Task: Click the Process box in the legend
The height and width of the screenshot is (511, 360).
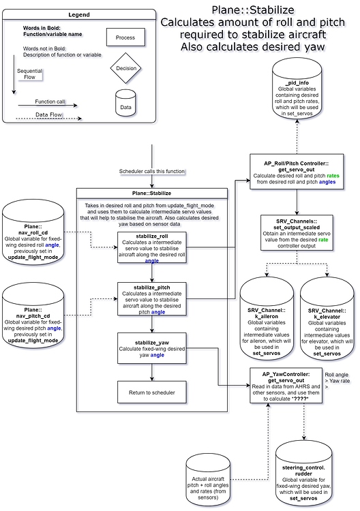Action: tap(125, 37)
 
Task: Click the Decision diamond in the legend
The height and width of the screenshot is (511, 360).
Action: tap(125, 69)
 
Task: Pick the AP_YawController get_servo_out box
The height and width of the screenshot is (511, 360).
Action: tap(286, 386)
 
